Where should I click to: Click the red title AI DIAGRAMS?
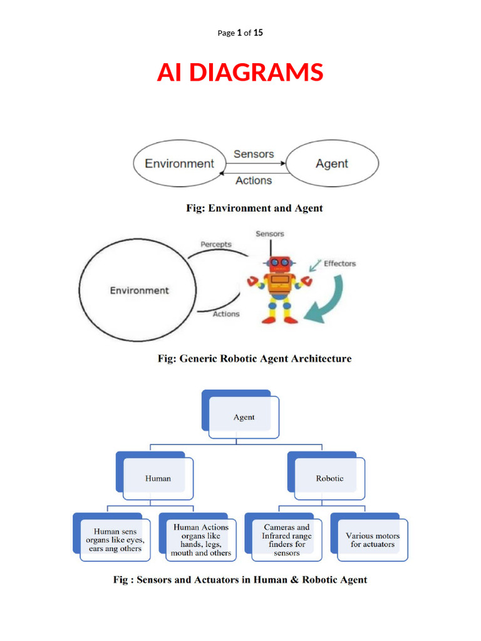tap(240, 73)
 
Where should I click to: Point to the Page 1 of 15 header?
tap(240, 33)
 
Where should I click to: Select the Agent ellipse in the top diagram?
tap(332, 163)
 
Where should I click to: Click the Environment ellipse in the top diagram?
tap(179, 163)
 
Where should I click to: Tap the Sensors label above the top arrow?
tap(254, 153)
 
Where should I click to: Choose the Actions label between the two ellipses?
tap(254, 180)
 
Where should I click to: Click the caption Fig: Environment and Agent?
tap(254, 208)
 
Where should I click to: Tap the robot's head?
tap(279, 263)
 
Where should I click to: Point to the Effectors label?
tap(339, 264)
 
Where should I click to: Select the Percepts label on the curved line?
tap(215, 244)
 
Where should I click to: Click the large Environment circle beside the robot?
tap(139, 290)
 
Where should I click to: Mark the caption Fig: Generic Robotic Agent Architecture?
tap(254, 359)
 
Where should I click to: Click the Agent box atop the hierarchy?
tap(244, 417)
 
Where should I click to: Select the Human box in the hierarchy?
tap(158, 478)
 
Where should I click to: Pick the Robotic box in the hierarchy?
tap(329, 478)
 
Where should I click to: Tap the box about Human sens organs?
tap(115, 540)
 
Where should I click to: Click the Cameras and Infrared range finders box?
tap(286, 540)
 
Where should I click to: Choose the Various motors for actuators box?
tap(373, 540)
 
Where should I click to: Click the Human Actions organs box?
tap(201, 540)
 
